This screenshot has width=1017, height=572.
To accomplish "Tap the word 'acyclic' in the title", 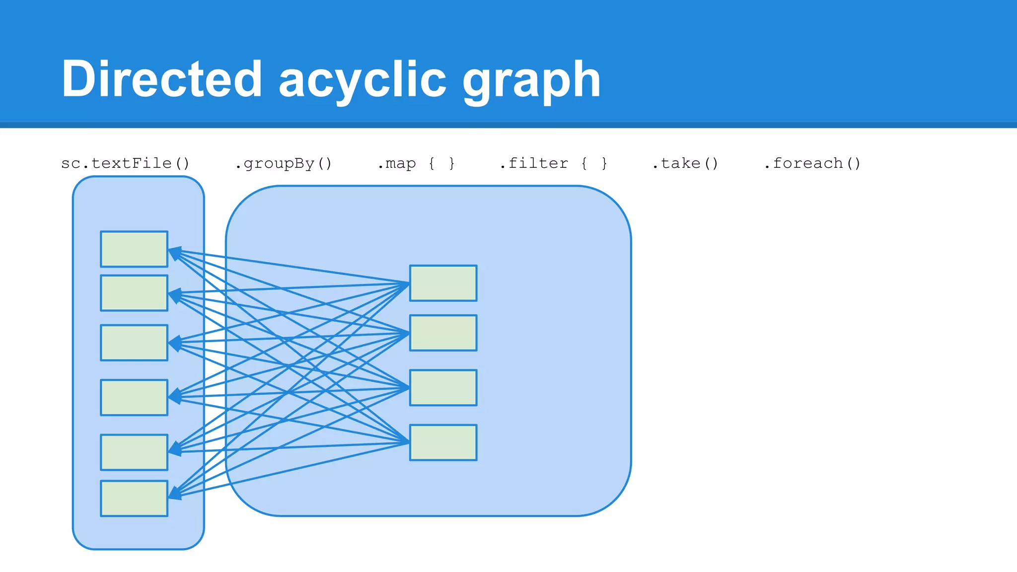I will tap(363, 79).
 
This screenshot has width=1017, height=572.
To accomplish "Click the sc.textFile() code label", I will tap(125, 163).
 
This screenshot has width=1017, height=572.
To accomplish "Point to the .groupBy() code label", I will tap(283, 163).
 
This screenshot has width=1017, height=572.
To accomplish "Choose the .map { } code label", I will tap(416, 163).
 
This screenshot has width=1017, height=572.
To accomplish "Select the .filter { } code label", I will tap(553, 163).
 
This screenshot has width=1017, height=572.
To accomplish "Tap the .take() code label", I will tap(685, 163).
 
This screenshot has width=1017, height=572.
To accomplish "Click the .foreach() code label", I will tap(812, 163).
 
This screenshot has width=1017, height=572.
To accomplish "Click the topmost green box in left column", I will tap(134, 249).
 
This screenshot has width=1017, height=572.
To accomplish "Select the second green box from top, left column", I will tap(134, 293).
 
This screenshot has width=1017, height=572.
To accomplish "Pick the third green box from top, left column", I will tap(134, 343).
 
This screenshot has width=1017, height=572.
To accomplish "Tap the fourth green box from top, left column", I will tap(134, 397).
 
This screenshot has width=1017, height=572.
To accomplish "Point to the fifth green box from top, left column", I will tap(134, 452).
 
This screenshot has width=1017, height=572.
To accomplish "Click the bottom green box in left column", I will tap(134, 498).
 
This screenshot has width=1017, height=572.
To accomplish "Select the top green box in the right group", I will tap(443, 283).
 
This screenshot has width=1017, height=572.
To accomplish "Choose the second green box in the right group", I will tap(443, 333).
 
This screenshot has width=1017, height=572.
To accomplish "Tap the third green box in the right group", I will tap(443, 387).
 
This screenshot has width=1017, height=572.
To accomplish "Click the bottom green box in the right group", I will tap(443, 442).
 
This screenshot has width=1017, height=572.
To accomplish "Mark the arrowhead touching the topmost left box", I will tap(174, 253).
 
